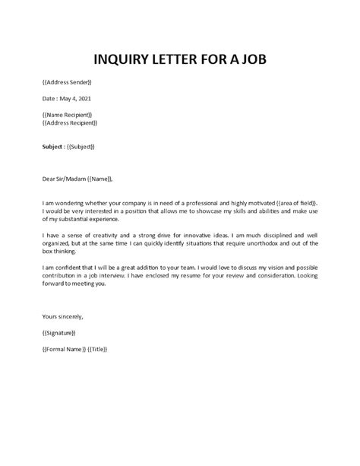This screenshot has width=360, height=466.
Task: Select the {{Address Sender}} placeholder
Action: pos(66,81)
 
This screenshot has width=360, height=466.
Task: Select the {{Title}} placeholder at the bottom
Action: pos(96,349)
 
